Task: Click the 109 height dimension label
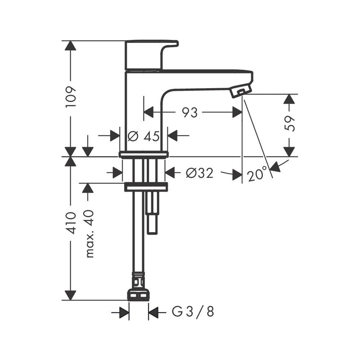(71, 96)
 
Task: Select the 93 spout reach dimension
(189, 112)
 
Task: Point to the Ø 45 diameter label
(144, 136)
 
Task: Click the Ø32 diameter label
(199, 173)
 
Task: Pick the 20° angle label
(256, 174)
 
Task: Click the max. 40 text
(90, 234)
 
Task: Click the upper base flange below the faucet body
(144, 155)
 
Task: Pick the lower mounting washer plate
(145, 187)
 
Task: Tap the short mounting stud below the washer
(153, 214)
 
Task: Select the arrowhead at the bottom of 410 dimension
(70, 295)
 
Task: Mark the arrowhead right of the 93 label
(237, 112)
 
